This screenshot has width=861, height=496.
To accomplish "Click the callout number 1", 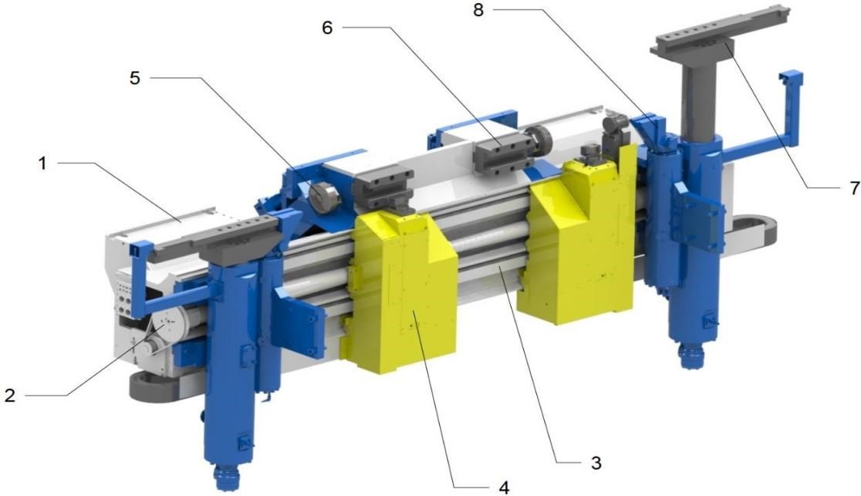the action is click(x=42, y=163).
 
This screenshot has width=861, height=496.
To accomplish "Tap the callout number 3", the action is click(x=596, y=463).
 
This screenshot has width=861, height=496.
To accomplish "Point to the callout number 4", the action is click(x=504, y=487).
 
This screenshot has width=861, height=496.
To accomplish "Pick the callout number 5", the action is click(x=134, y=78).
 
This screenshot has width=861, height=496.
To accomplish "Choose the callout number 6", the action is click(x=327, y=28).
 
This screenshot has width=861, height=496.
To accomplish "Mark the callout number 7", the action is click(x=854, y=188).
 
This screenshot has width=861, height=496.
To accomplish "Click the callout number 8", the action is click(x=478, y=10).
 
